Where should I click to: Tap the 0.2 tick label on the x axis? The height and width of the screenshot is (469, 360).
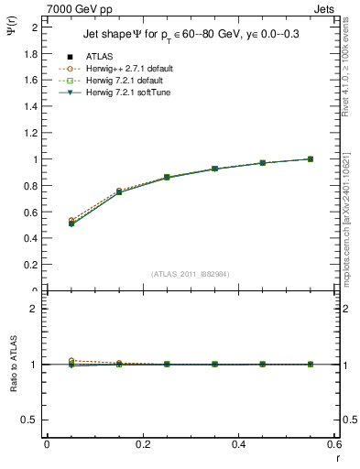142,444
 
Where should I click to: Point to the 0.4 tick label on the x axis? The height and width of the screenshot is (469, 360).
238,444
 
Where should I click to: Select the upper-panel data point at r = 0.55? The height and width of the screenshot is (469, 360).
310,159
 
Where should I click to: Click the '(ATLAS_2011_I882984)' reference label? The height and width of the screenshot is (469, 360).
191,274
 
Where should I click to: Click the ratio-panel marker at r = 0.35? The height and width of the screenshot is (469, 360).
213,364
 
